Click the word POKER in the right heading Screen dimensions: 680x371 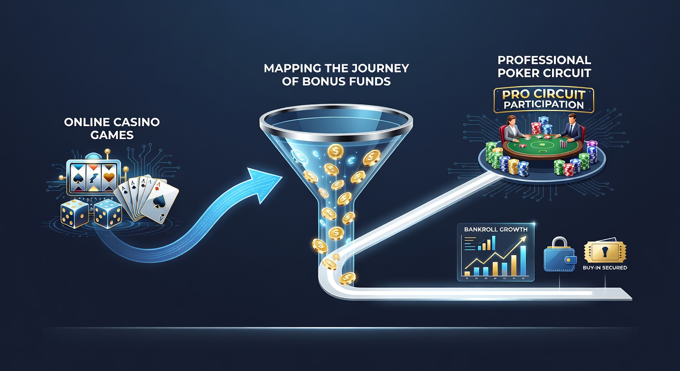tap(516, 73)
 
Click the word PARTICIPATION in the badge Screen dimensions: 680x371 tap(544, 105)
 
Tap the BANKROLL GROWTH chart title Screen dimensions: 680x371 tap(496, 229)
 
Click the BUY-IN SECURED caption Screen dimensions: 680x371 tap(605, 268)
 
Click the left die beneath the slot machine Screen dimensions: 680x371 tap(74, 214)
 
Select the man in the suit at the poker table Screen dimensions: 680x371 tap(571, 128)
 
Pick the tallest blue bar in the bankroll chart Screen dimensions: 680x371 tap(523, 261)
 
